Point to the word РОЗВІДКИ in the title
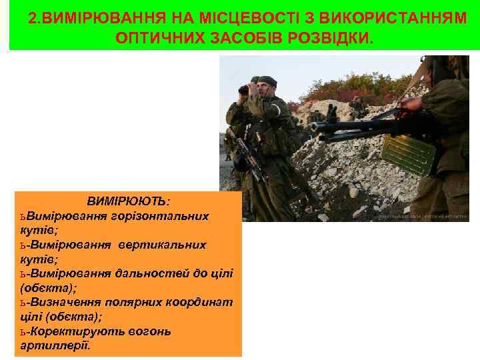coord(331,37)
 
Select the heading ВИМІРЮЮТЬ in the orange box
coord(127,201)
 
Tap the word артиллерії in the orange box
coord(55,345)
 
